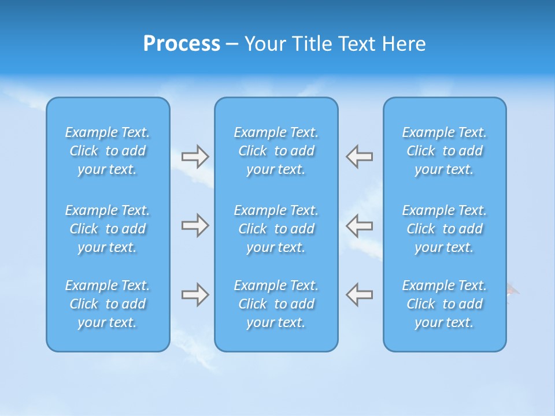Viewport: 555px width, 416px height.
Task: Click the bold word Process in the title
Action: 182,44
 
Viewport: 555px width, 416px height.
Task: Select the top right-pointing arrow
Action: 195,157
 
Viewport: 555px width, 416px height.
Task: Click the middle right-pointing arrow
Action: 195,225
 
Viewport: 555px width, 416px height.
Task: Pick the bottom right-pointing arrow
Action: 195,295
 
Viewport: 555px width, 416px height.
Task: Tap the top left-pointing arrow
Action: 360,157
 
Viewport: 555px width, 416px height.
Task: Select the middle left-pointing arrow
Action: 360,225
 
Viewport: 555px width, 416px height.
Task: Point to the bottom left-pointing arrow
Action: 360,295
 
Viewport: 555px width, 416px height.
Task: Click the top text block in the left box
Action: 108,151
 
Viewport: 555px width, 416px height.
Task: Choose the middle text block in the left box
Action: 108,229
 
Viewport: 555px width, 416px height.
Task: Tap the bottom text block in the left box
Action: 108,304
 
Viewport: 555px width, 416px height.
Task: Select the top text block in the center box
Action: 276,151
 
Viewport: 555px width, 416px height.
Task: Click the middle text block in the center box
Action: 276,229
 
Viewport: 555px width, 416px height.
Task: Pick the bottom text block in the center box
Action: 276,304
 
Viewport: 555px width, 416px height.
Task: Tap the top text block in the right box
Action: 445,151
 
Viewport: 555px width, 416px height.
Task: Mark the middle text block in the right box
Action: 445,229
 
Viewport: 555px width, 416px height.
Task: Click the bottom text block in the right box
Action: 445,304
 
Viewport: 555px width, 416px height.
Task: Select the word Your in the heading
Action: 265,44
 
